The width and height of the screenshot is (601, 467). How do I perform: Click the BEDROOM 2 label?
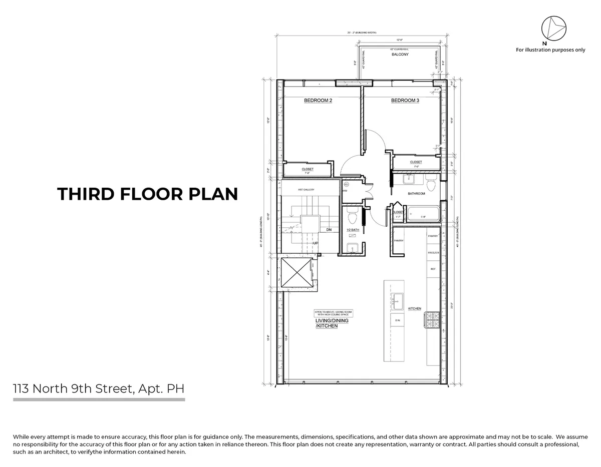318,101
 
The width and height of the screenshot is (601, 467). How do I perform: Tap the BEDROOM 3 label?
405,101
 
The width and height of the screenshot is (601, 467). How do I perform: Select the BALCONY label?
400,55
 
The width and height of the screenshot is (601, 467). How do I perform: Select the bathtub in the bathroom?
424,214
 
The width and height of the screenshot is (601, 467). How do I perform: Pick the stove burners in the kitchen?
432,321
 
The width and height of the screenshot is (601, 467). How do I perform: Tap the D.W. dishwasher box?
397,320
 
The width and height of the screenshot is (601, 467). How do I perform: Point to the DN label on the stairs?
329,230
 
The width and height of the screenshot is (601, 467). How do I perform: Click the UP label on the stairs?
316,243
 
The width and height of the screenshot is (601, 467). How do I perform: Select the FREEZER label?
433,253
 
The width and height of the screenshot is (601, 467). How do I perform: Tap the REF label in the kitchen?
433,269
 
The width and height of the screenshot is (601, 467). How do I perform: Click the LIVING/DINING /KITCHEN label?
327,323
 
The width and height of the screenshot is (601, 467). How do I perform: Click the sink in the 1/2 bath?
353,248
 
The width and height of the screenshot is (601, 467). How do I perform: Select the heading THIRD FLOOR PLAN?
147,194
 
